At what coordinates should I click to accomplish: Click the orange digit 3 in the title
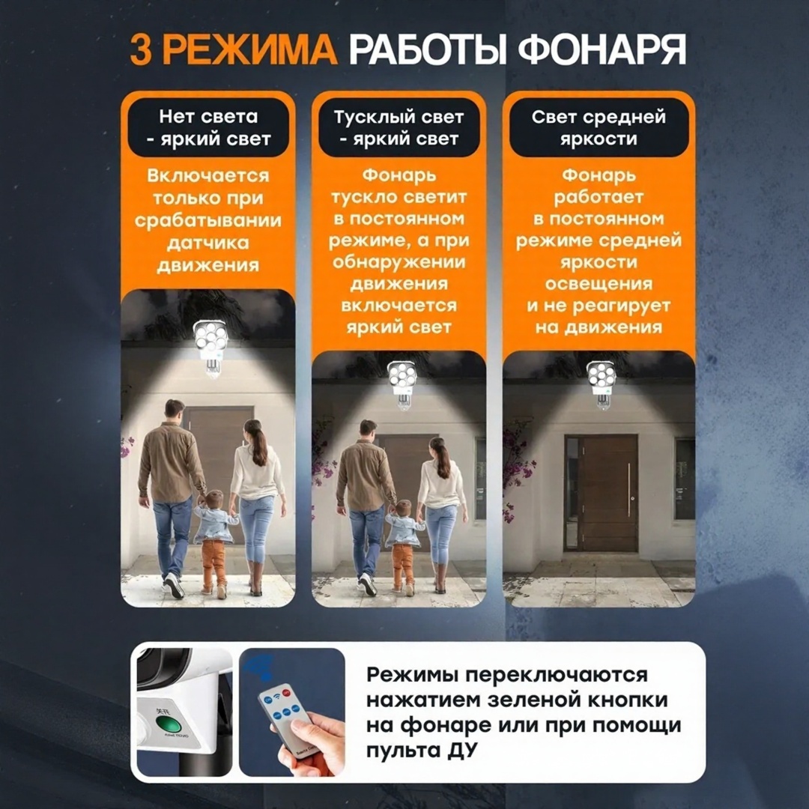tap(141, 50)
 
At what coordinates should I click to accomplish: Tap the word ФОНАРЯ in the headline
tap(602, 50)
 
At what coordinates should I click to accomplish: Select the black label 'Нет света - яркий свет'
tap(208, 127)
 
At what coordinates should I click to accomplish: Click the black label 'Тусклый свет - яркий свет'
tap(399, 127)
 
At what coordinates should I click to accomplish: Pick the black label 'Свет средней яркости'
tap(599, 127)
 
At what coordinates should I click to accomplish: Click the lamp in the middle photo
tap(402, 384)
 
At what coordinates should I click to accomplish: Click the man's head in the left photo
tap(175, 412)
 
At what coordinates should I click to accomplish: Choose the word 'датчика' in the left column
tap(208, 243)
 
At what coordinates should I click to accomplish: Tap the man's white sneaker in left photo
tap(175, 586)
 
